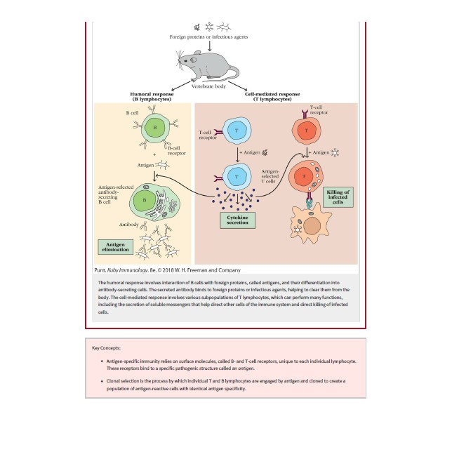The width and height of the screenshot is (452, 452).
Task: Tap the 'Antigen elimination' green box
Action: [x=117, y=247]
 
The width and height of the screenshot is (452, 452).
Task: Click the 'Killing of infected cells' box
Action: [x=338, y=197]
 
